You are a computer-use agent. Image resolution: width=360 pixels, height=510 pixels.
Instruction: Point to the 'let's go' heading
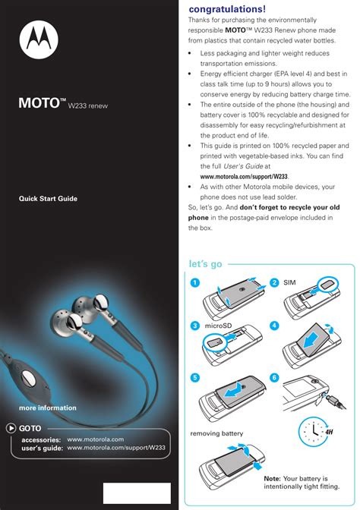coord(205,264)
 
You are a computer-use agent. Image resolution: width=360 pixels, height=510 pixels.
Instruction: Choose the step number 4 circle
coord(273,326)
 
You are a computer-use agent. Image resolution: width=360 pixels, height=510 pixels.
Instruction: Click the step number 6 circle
coord(273,377)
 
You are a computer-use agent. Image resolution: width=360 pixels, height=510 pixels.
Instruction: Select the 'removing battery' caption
coord(216,433)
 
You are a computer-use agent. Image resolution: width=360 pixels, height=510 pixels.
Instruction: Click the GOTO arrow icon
coord(11,428)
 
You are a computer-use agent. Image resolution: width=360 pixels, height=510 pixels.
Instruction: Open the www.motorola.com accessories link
coord(95,439)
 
